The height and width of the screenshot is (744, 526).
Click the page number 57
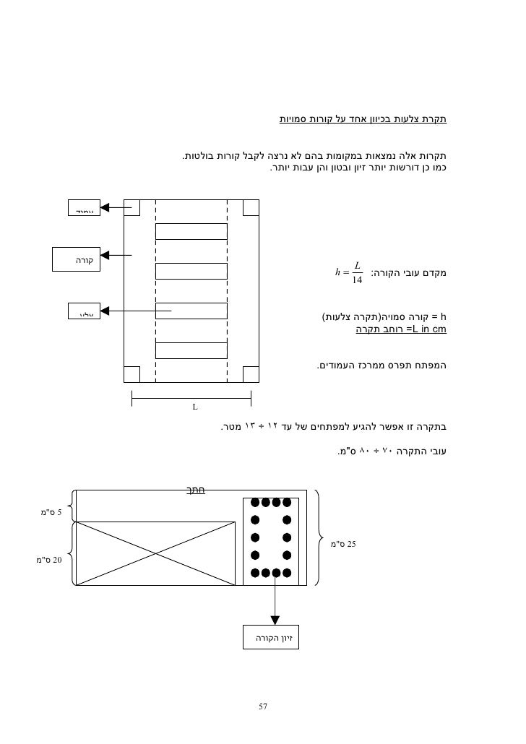[263, 706]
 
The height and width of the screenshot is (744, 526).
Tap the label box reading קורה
[77, 259]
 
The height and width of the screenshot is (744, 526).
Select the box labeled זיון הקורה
[272, 638]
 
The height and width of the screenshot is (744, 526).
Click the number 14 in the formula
[357, 280]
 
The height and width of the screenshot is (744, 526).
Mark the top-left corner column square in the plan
[131, 208]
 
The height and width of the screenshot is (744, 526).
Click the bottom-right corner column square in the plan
[250, 374]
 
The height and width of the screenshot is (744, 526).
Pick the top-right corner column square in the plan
[250, 208]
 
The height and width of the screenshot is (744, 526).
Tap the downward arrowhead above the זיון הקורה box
[274, 620]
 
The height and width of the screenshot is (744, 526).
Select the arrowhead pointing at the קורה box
[105, 254]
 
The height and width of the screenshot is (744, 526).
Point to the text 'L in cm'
[426, 329]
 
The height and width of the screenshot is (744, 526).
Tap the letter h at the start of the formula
[338, 273]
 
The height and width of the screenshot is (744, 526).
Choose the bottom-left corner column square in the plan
[131, 374]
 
